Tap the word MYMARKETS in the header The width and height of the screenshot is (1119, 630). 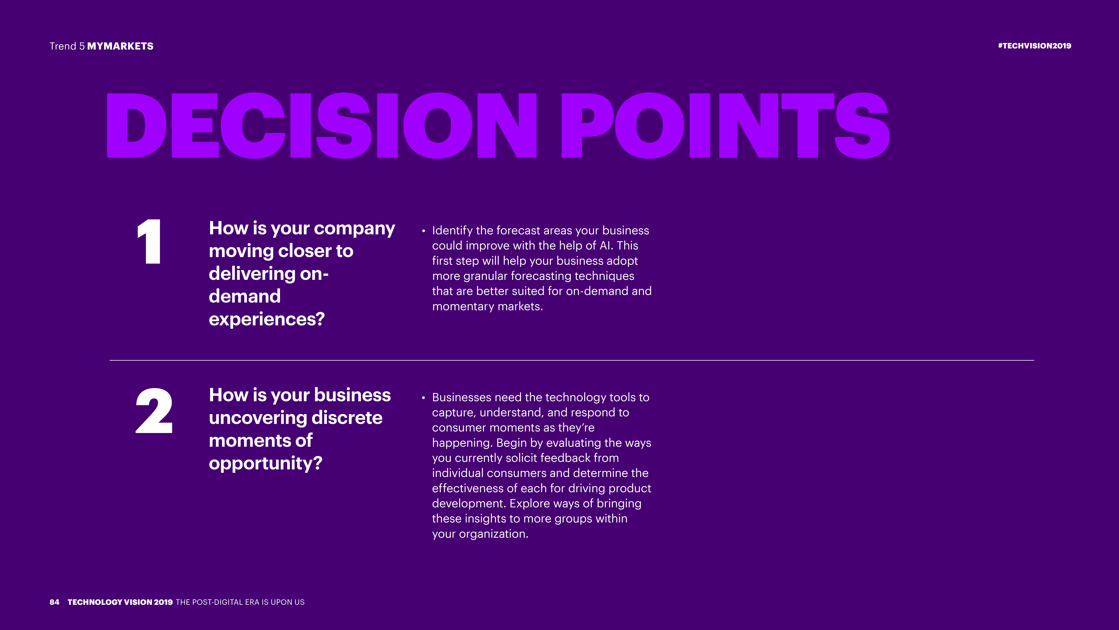coord(120,46)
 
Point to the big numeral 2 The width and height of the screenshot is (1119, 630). coord(154,411)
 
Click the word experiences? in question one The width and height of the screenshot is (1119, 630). coord(267,319)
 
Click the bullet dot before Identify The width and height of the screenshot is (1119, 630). coord(424,231)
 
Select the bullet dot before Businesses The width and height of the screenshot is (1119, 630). coord(424,398)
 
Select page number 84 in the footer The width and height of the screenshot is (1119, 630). coord(54,602)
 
